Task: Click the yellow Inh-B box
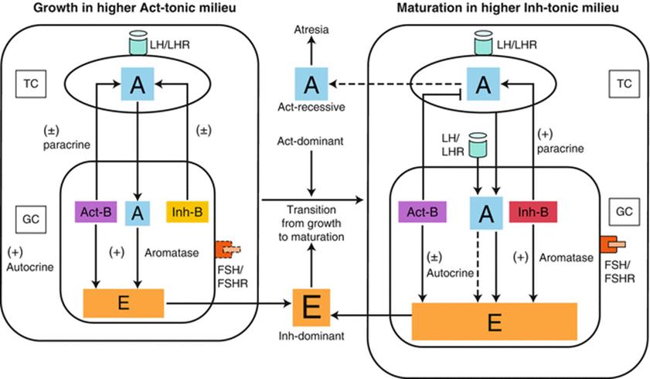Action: pos(189,210)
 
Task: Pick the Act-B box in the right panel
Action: pos(423,210)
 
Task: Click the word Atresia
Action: pos(311,29)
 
